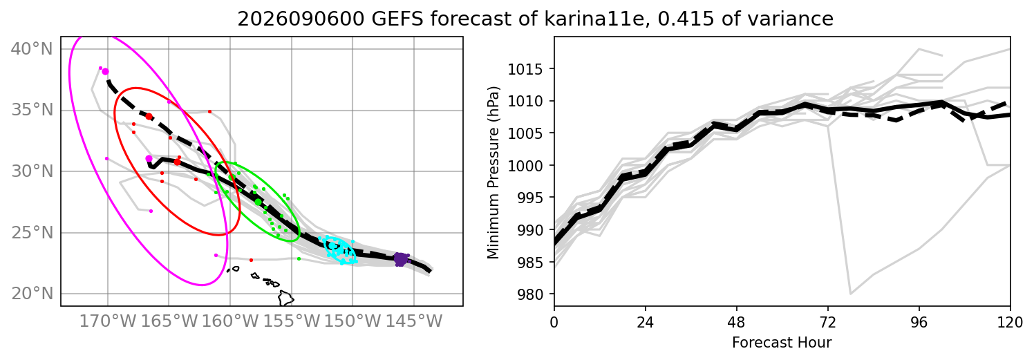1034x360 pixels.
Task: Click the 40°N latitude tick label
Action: (32, 49)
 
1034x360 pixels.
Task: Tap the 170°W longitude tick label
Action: (108, 321)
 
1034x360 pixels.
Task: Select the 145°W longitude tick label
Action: (414, 321)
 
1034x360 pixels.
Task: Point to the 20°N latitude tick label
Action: (32, 294)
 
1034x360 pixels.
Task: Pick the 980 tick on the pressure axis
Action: (532, 294)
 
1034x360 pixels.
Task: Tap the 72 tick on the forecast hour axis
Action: (828, 322)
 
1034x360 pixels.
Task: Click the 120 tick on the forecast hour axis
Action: (1010, 322)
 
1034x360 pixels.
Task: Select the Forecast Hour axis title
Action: (782, 343)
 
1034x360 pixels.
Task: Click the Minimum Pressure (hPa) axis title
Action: (493, 173)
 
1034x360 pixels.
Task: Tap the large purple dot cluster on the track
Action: (401, 259)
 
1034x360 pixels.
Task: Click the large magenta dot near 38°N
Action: (105, 72)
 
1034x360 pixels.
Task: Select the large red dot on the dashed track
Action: (149, 117)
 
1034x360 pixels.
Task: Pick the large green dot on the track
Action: (258, 202)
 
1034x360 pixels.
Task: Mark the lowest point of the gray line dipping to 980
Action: (850, 294)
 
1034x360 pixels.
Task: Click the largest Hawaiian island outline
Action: (286, 298)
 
